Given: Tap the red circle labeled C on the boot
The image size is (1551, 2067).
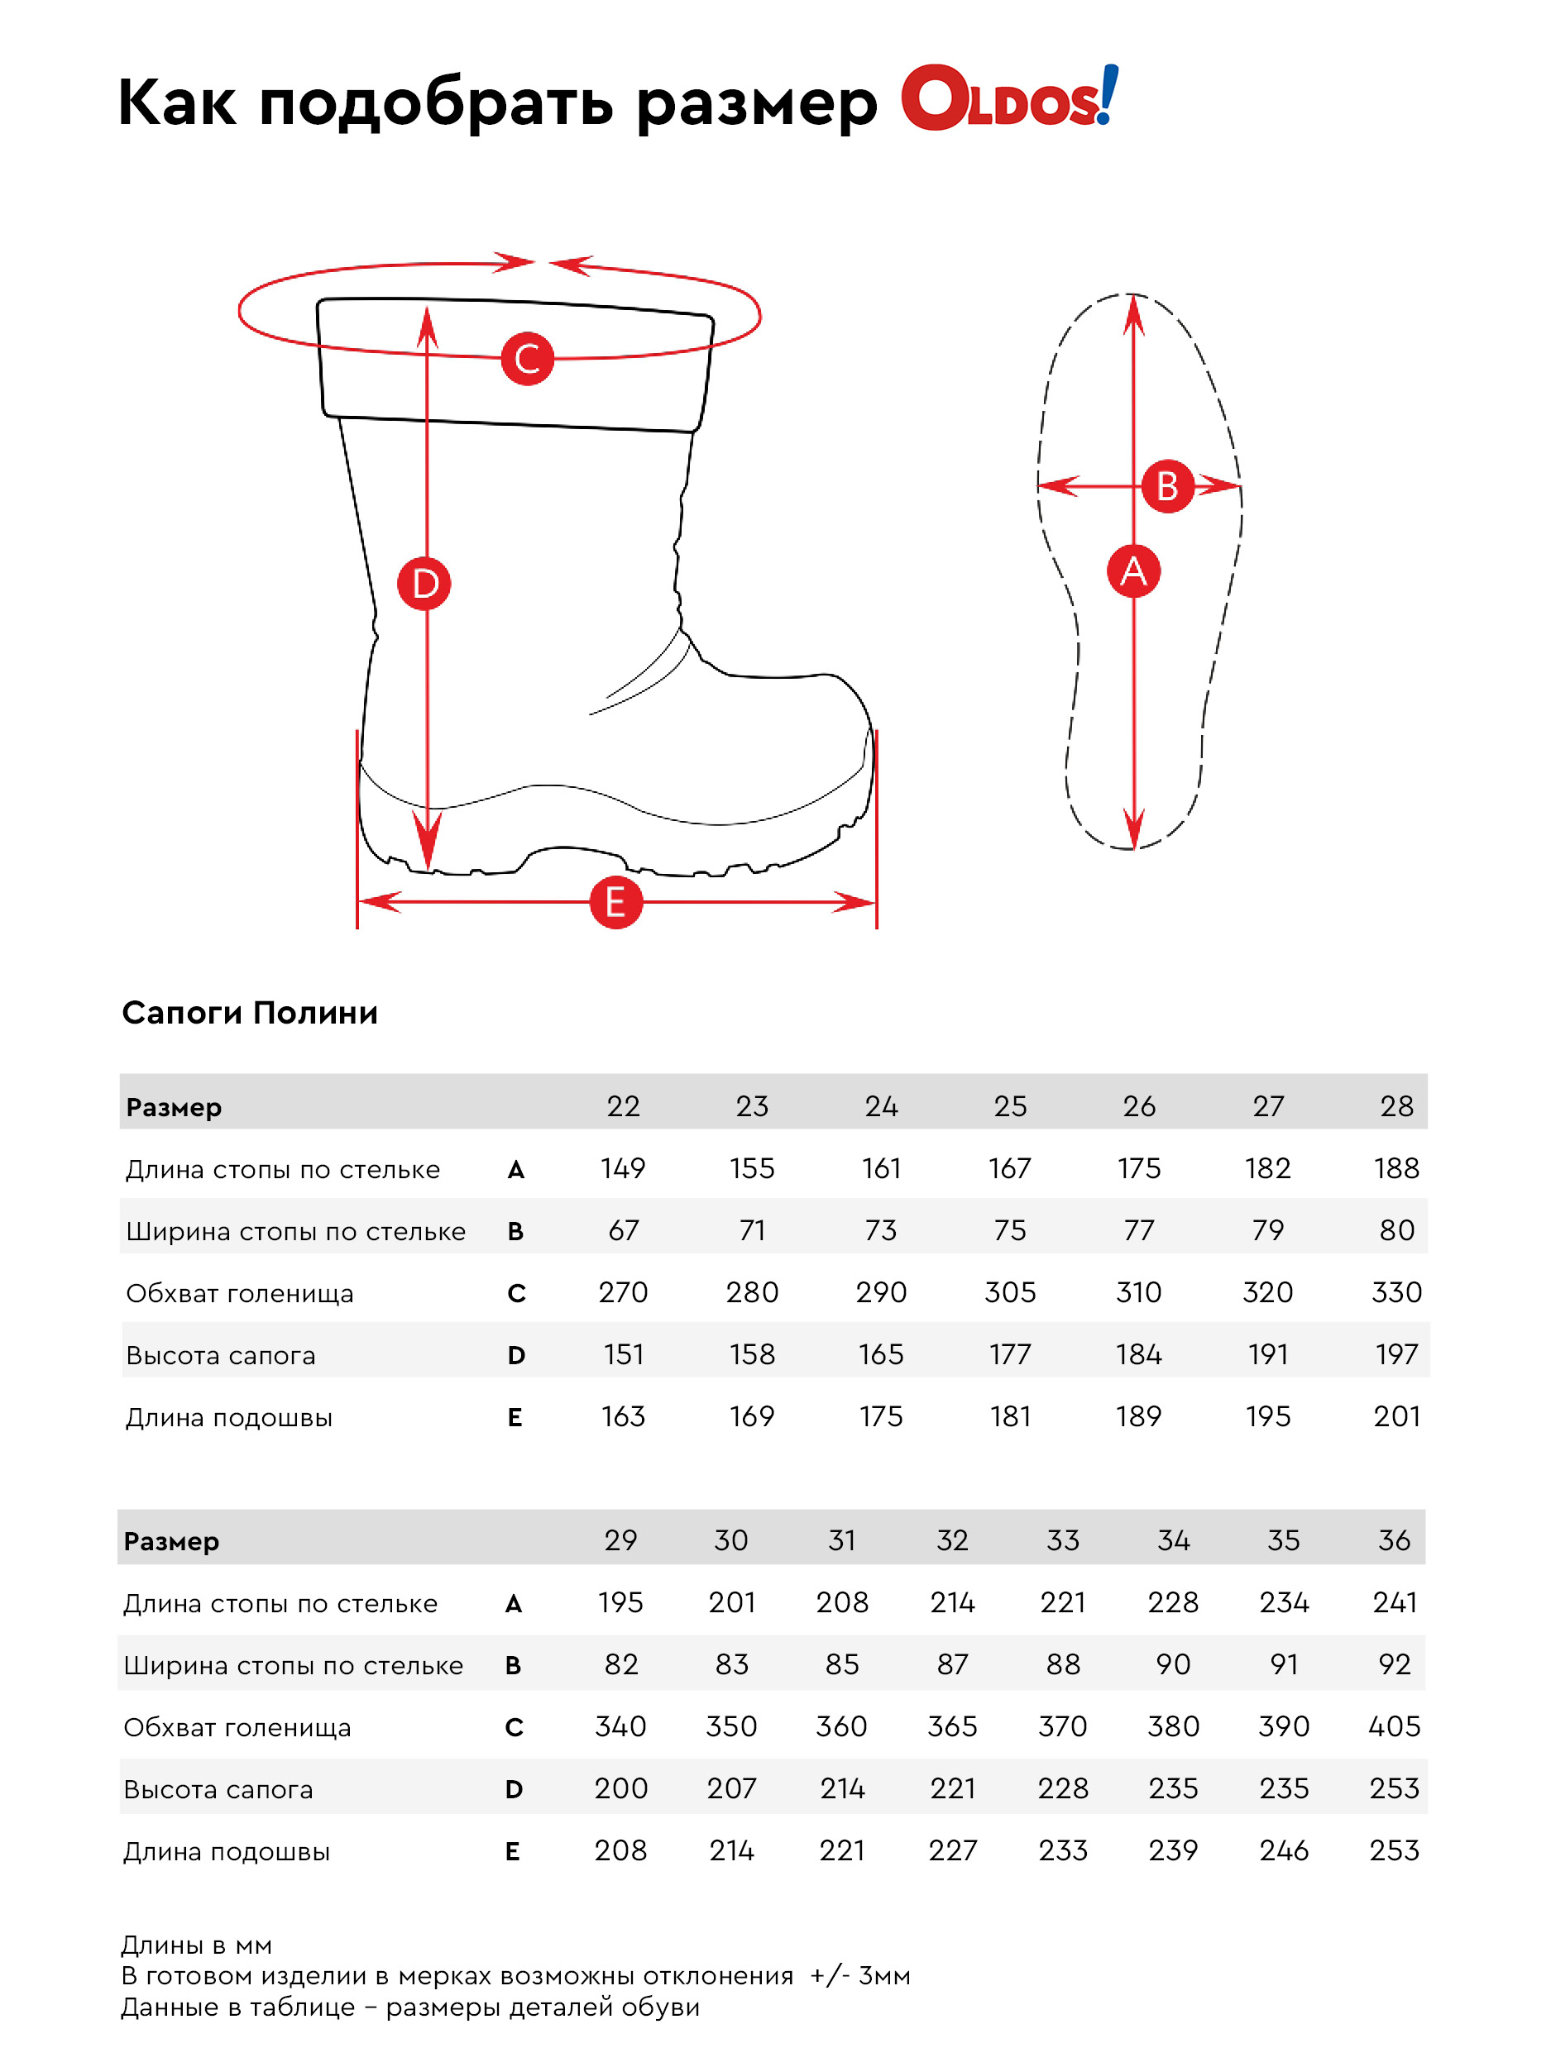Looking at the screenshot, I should (527, 359).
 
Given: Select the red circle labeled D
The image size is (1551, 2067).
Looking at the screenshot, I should (424, 584).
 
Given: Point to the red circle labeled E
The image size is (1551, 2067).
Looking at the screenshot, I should (616, 903).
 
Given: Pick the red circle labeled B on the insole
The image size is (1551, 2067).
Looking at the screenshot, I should (1168, 486).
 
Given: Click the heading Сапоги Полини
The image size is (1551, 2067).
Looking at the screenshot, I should (250, 1013).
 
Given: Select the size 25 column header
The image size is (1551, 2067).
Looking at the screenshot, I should (1010, 1106).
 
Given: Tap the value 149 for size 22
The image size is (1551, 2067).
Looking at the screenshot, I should (623, 1168).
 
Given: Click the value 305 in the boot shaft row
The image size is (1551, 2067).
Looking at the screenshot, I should (1010, 1292).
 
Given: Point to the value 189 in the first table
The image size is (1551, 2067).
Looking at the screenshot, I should (1139, 1416).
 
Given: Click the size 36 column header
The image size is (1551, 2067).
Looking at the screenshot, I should (1394, 1540).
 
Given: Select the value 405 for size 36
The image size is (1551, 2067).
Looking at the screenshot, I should (1394, 1726).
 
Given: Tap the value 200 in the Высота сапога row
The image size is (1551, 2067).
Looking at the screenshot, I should (620, 1788).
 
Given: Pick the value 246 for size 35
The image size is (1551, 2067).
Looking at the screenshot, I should (1284, 1850).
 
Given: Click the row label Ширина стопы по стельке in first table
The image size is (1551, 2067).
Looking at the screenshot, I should (295, 1232).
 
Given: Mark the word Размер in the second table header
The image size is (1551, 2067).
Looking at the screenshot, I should (171, 1542).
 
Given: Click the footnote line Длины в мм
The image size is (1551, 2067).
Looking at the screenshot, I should (196, 1945).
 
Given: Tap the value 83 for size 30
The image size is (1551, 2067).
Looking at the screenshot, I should (731, 1664).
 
